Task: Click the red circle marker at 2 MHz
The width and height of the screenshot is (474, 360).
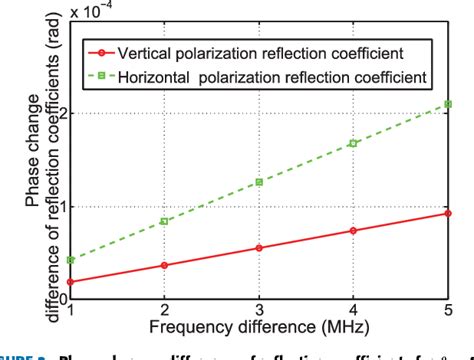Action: [x=164, y=265]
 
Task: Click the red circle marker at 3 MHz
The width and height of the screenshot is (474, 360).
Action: [x=259, y=248]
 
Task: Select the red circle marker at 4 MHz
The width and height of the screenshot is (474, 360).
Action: [x=353, y=231]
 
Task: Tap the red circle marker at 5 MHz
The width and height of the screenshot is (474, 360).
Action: [x=448, y=213]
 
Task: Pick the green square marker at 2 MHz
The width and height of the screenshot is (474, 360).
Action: [x=164, y=221]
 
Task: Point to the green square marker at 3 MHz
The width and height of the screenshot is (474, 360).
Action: [x=259, y=182]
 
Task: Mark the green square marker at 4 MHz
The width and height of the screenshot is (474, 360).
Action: [x=353, y=143]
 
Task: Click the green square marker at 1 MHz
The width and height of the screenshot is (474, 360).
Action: [x=70, y=260]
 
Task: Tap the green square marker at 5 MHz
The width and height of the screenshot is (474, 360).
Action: [x=448, y=104]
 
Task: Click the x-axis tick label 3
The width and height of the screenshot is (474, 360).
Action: [x=259, y=311]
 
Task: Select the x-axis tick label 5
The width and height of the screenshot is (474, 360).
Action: [x=448, y=311]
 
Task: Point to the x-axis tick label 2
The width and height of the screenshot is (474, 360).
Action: [x=164, y=311]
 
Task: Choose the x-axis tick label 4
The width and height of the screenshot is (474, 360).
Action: [x=353, y=311]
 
